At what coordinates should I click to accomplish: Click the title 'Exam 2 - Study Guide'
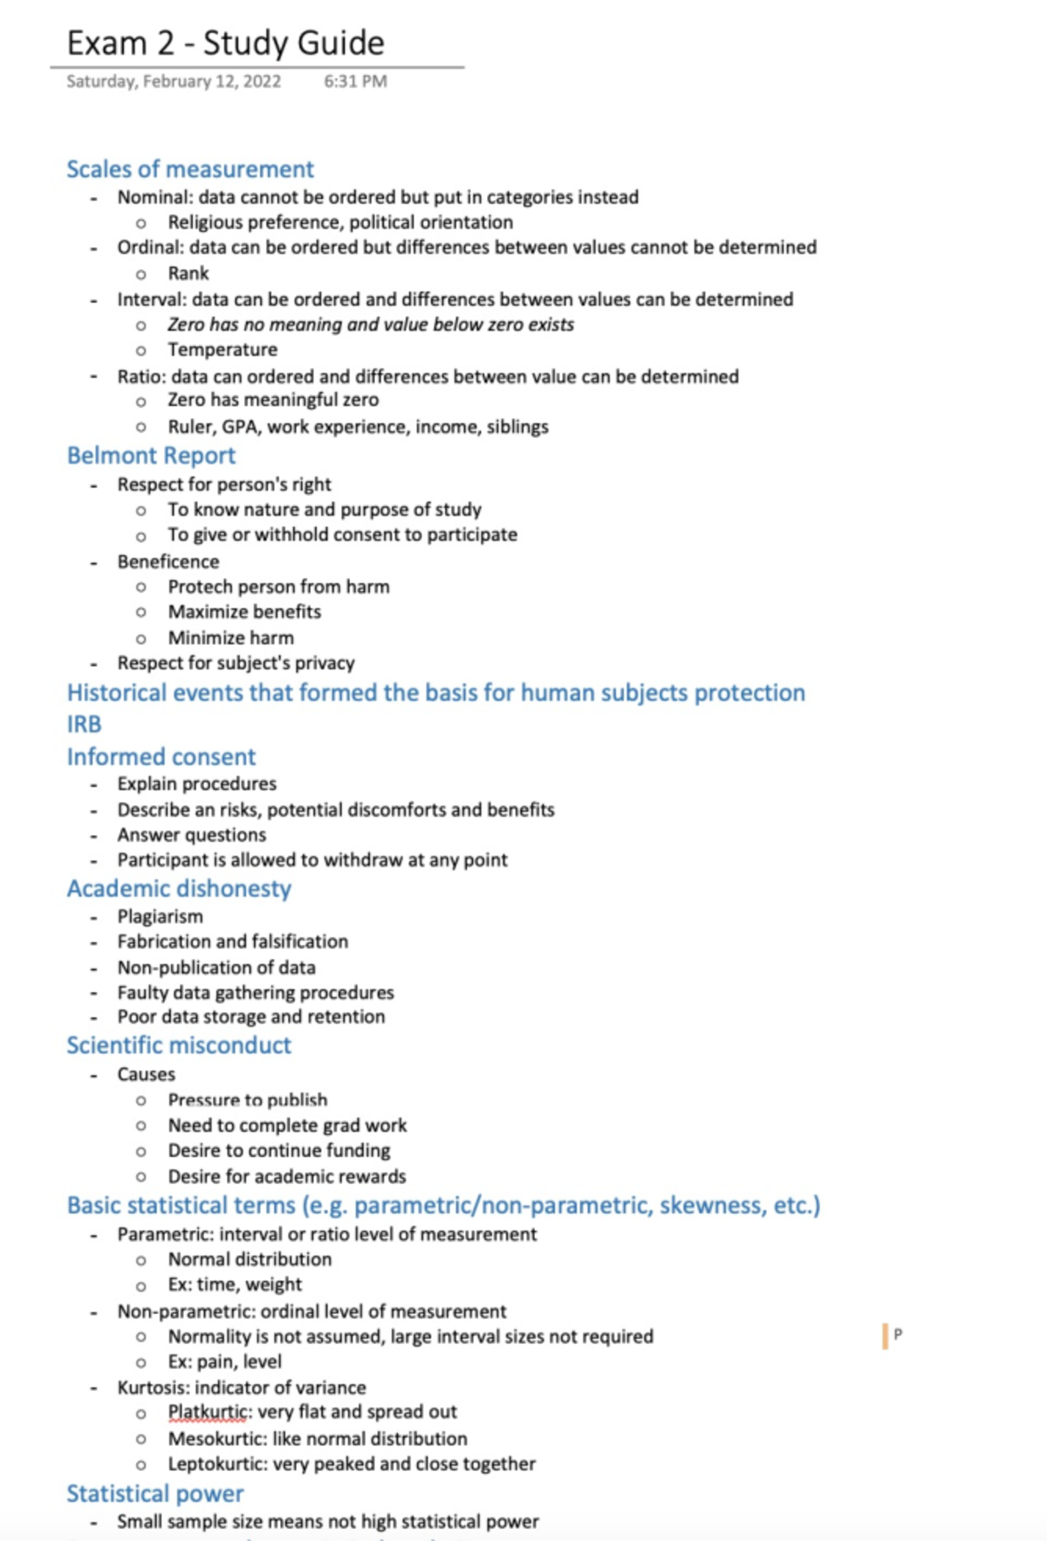tap(225, 43)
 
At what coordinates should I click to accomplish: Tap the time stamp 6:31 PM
tap(355, 81)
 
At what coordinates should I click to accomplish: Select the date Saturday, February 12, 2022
tap(174, 81)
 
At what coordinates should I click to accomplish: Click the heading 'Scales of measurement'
tap(189, 168)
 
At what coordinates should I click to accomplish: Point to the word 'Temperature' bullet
tap(222, 349)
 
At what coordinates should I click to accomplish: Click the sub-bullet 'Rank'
tap(188, 273)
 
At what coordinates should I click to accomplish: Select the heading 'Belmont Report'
tap(151, 455)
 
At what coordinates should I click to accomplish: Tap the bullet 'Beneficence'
tap(168, 561)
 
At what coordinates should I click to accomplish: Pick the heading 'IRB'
tap(84, 724)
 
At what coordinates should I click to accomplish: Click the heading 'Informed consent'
tap(161, 757)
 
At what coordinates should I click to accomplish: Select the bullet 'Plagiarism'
tap(161, 916)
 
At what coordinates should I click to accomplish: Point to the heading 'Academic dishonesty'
tap(179, 888)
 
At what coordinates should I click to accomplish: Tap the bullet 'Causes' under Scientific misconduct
tap(147, 1074)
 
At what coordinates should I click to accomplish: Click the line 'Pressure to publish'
tap(248, 1099)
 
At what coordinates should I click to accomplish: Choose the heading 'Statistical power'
tap(154, 1494)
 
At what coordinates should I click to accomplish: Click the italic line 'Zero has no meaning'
tap(371, 325)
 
